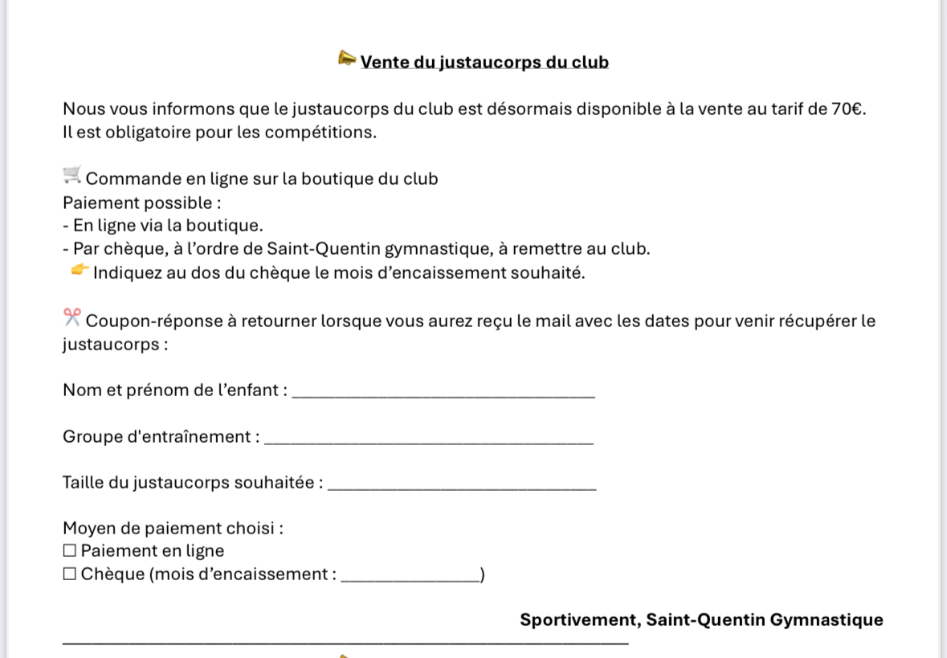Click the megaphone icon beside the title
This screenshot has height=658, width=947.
coord(347,59)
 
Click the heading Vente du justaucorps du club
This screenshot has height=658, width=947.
coord(484,63)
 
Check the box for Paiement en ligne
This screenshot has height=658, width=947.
coord(70,552)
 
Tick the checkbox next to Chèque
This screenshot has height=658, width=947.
coord(70,574)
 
